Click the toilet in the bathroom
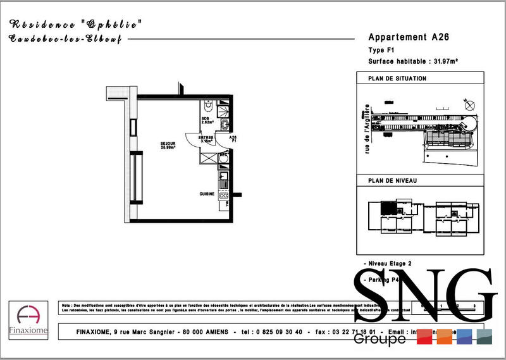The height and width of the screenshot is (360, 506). [208, 106]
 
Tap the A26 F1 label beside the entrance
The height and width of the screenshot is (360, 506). [233, 139]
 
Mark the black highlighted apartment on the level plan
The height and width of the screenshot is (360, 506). [385, 207]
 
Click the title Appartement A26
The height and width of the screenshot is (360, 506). [409, 37]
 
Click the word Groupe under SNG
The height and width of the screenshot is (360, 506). [379, 340]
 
